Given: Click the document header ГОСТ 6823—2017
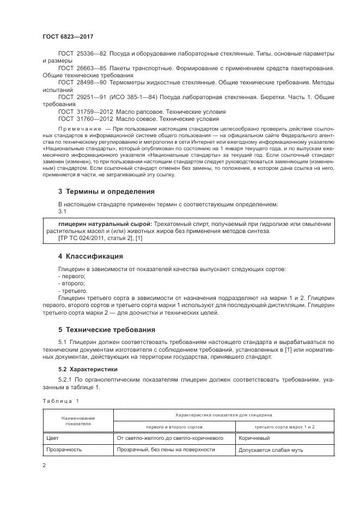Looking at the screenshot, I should click(x=68, y=36).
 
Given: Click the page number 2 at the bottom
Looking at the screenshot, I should click(x=44, y=465).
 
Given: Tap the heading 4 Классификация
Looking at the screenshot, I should click(x=90, y=256).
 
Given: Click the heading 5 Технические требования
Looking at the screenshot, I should click(x=107, y=330).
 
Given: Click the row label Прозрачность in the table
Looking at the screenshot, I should click(x=64, y=450).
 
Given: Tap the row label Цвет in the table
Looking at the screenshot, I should click(x=53, y=437).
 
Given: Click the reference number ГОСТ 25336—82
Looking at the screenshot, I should click(x=82, y=53).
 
